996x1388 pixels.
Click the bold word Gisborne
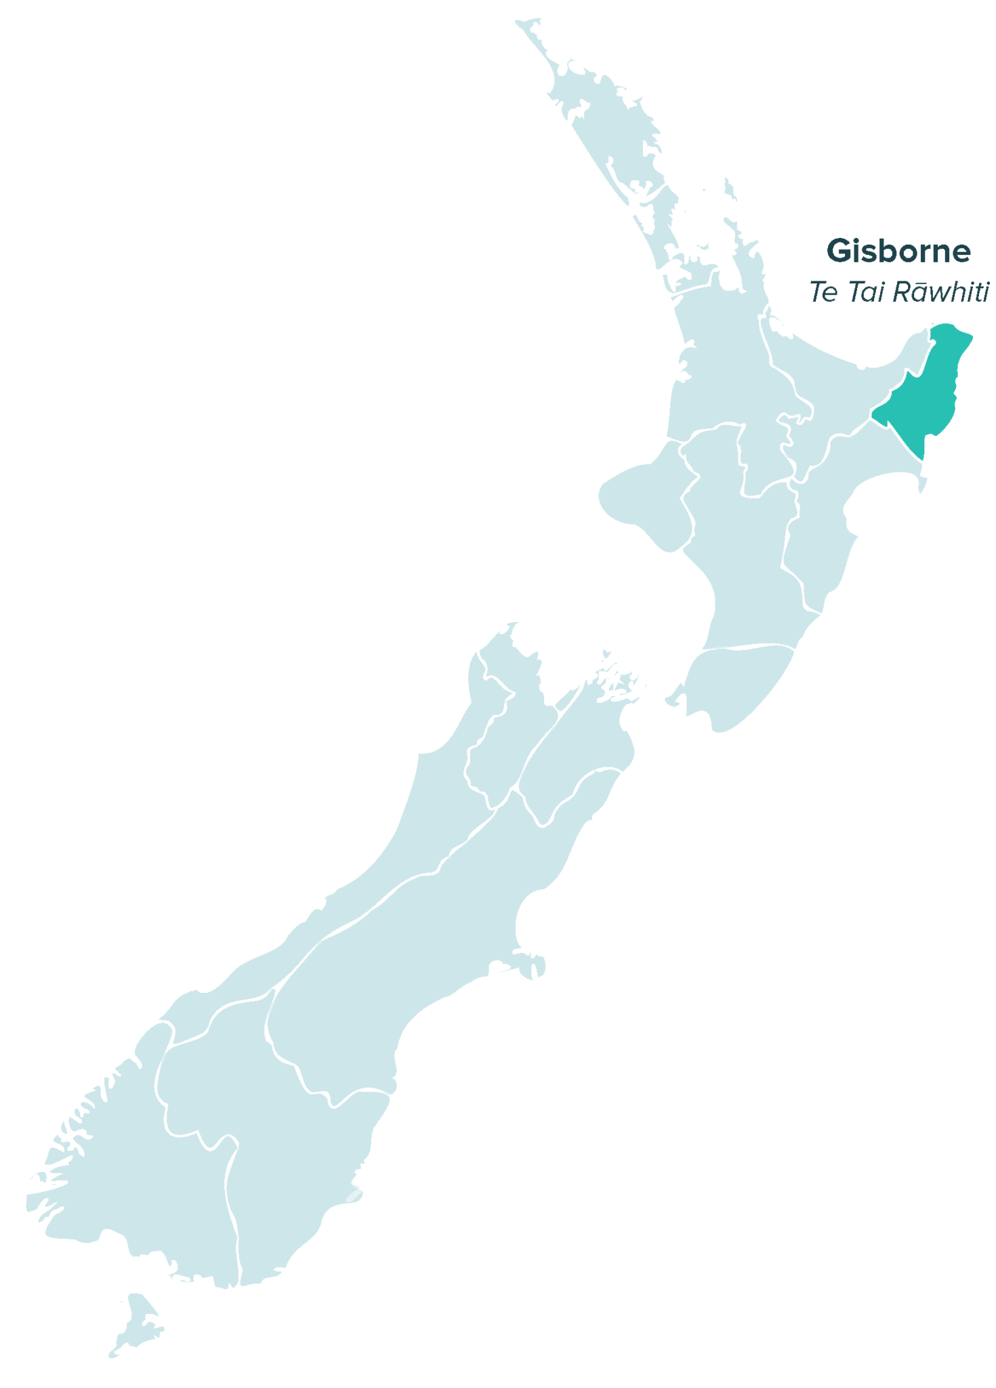point(898,251)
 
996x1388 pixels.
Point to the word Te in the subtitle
point(823,292)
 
